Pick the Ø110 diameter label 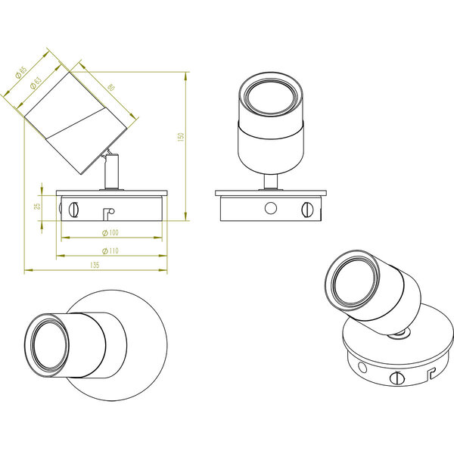(x=110, y=250)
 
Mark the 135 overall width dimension (x=95, y=265)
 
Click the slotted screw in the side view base (x=75, y=207)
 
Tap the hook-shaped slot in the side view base (x=108, y=213)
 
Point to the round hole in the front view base (x=270, y=207)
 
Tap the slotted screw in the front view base (x=306, y=207)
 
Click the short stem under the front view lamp (x=271, y=182)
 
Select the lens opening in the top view (x=47, y=346)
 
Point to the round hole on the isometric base (x=362, y=367)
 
